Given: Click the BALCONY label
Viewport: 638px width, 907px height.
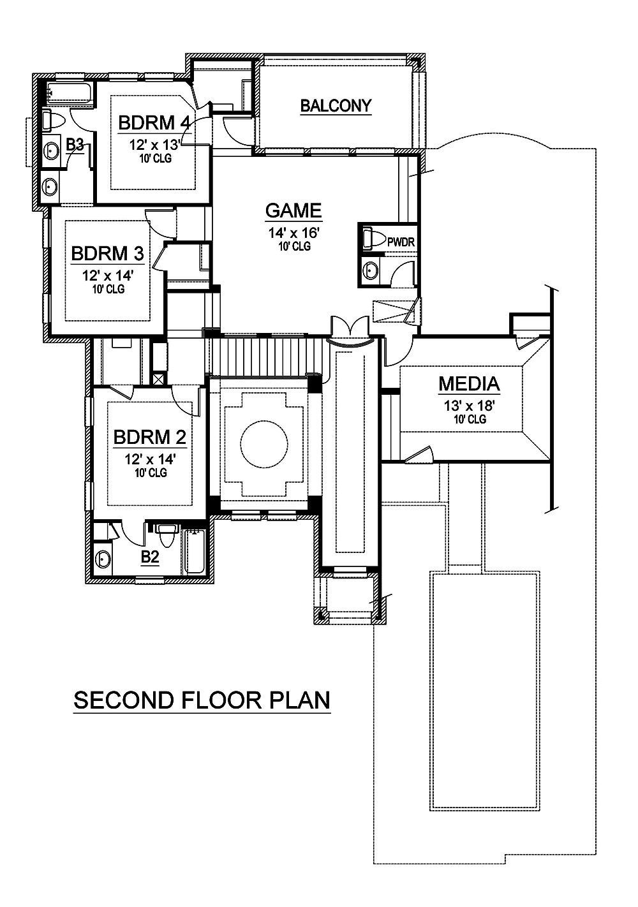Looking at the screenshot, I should point(336,106).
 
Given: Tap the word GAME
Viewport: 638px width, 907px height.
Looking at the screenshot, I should point(293,210).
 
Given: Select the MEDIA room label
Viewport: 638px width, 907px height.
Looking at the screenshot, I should point(469,384).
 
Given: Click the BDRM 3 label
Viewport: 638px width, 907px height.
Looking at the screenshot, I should point(107,253).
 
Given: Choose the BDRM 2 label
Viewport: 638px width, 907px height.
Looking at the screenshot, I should point(150,438).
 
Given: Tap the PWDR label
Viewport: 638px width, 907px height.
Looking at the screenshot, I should point(402,242).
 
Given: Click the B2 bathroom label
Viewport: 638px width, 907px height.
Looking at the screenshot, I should point(149,557).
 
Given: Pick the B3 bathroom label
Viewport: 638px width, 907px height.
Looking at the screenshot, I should point(75,145).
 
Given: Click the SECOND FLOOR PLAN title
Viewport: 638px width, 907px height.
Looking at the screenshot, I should point(202,700).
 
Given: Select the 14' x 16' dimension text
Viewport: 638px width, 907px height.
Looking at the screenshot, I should point(293,233).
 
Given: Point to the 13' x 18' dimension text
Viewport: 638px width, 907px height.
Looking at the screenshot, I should point(470,406).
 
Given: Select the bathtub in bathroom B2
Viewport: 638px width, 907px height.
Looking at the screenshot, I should point(195,552).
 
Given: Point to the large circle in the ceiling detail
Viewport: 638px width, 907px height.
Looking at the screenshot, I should point(263,445).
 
